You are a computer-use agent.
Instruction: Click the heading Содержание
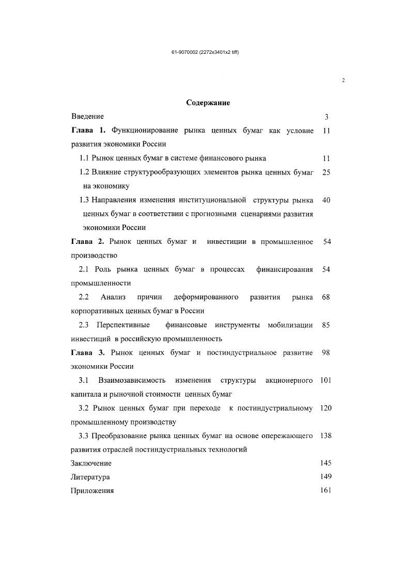[208, 103]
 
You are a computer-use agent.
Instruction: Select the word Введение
[87, 117]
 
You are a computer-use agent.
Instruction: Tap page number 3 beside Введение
[326, 117]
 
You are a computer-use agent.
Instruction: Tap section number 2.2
[84, 297]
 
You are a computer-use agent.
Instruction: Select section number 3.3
[84, 436]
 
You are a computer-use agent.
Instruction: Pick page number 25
[326, 172]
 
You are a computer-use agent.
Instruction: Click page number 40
[326, 200]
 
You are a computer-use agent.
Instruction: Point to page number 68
[326, 297]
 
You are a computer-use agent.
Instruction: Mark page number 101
[326, 381]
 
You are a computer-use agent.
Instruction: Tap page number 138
[326, 436]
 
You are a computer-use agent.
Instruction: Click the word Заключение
[91, 463]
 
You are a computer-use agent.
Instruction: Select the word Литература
[90, 477]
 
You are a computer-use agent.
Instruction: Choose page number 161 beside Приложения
[326, 490]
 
